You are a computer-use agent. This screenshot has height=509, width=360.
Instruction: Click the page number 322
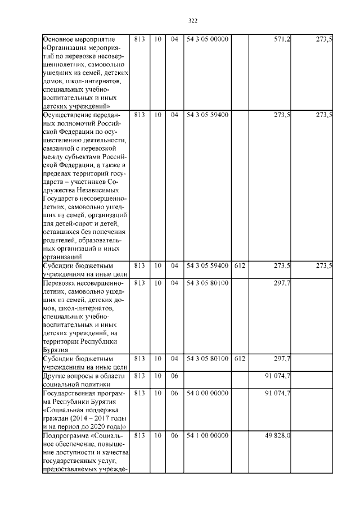[x=192, y=21]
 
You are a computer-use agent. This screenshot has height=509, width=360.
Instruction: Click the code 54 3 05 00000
[x=208, y=40]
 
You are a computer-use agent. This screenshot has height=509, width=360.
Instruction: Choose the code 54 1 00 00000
[x=208, y=436]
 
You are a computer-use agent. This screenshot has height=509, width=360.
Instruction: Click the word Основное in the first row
[x=58, y=40]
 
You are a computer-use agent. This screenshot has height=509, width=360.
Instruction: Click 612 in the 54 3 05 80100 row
[x=240, y=358]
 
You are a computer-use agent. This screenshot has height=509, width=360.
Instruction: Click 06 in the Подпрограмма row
[x=174, y=436]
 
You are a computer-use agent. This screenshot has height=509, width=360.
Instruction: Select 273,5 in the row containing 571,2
[x=324, y=40]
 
